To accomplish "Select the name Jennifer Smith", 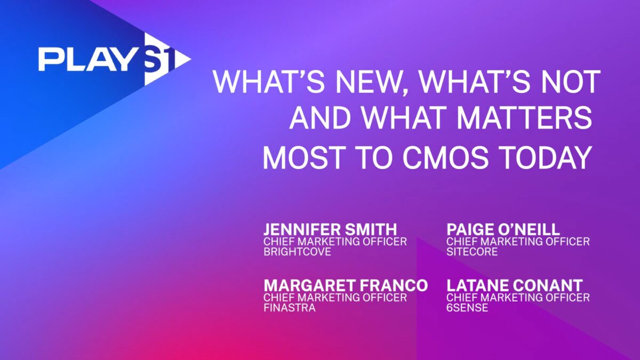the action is pos(330,229).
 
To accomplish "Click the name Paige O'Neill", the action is pos(503,229).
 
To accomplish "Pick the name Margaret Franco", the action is pos(346,285).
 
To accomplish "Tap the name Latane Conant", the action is pos(515,285).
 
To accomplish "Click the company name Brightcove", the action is pos(297,252).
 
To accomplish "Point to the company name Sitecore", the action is pos(472,252).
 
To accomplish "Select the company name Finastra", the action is pos(290,308).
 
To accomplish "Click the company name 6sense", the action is pos(467,308).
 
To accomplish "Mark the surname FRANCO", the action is pos(394,285).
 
